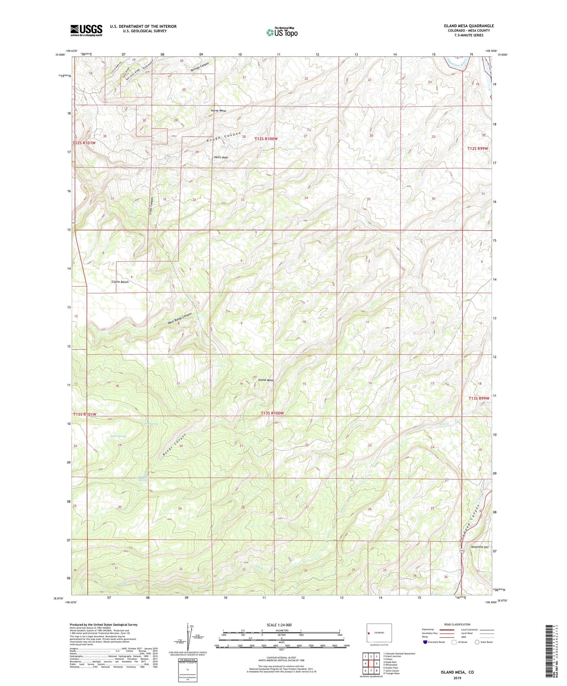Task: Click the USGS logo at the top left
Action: pyautogui.click(x=86, y=30)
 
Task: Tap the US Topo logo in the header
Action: pyautogui.click(x=282, y=32)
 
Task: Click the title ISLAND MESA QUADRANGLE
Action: pyautogui.click(x=469, y=26)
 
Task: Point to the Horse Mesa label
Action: pyautogui.click(x=219, y=111)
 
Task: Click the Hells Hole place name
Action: pyautogui.click(x=221, y=158)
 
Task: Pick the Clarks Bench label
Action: pyautogui.click(x=120, y=282)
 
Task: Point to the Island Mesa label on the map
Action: pyautogui.click(x=266, y=380)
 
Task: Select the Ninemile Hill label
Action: pyautogui.click(x=480, y=547)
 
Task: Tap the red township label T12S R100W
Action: pyautogui.click(x=266, y=139)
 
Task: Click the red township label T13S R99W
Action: pyautogui.click(x=479, y=398)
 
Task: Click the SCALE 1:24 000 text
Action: pyautogui.click(x=279, y=625)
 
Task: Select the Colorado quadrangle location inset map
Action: pyautogui.click(x=379, y=633)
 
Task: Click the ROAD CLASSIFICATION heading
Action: pyautogui.click(x=458, y=624)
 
